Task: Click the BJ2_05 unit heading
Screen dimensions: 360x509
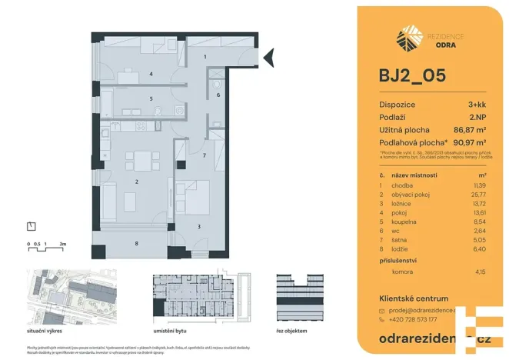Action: click(x=412, y=77)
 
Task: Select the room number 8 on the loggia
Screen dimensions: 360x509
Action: click(x=137, y=244)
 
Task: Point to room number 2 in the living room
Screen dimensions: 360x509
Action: click(x=137, y=182)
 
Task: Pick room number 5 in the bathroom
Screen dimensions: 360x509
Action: click(x=151, y=98)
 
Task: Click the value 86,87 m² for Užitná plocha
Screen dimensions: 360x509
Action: click(x=470, y=130)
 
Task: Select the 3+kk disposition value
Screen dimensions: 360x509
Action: click(x=477, y=105)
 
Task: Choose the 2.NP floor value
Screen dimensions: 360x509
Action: click(x=477, y=117)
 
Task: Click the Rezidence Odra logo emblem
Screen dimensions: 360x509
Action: click(x=408, y=38)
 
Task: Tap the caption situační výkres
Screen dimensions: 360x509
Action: click(x=46, y=330)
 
